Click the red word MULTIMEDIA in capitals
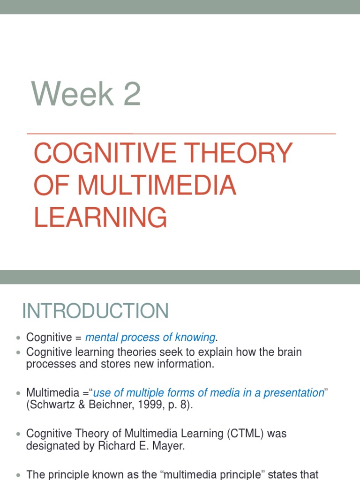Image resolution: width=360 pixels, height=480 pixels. tap(157, 186)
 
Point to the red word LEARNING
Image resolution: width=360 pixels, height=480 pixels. tap(100, 217)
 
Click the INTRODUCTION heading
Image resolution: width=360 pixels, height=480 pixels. tap(96, 311)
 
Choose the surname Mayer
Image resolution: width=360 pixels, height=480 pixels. tap(169, 446)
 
